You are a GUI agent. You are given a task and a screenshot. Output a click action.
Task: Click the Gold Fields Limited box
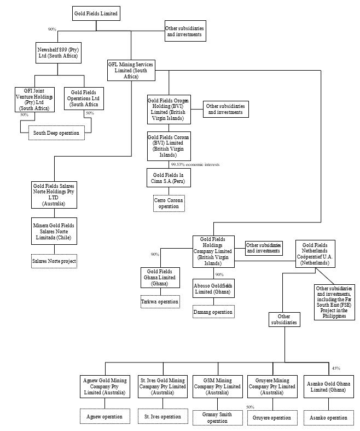(x=96, y=13)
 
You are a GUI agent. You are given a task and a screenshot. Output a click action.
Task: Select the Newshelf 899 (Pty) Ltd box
(x=57, y=53)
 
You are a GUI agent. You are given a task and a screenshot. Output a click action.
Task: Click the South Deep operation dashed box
(x=56, y=133)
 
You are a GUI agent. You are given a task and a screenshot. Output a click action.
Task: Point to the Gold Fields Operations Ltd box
(x=84, y=99)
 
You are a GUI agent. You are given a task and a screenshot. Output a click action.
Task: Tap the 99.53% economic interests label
(x=195, y=164)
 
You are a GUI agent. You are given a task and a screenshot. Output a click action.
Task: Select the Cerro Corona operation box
(x=169, y=203)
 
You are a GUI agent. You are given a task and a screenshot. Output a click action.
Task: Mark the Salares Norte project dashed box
(x=54, y=262)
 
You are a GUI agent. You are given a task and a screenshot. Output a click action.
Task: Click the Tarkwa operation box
(x=160, y=301)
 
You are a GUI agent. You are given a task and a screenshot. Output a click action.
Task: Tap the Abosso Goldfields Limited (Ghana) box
(x=213, y=289)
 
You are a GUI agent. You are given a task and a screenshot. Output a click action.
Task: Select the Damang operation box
(x=213, y=312)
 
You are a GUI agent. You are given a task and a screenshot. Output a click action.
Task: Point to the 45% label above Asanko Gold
(x=336, y=368)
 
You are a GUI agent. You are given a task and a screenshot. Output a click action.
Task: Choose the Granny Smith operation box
(x=217, y=417)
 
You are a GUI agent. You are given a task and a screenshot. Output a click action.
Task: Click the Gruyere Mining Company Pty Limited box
(x=272, y=386)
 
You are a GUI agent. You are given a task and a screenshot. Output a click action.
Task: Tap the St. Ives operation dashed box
(x=162, y=417)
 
